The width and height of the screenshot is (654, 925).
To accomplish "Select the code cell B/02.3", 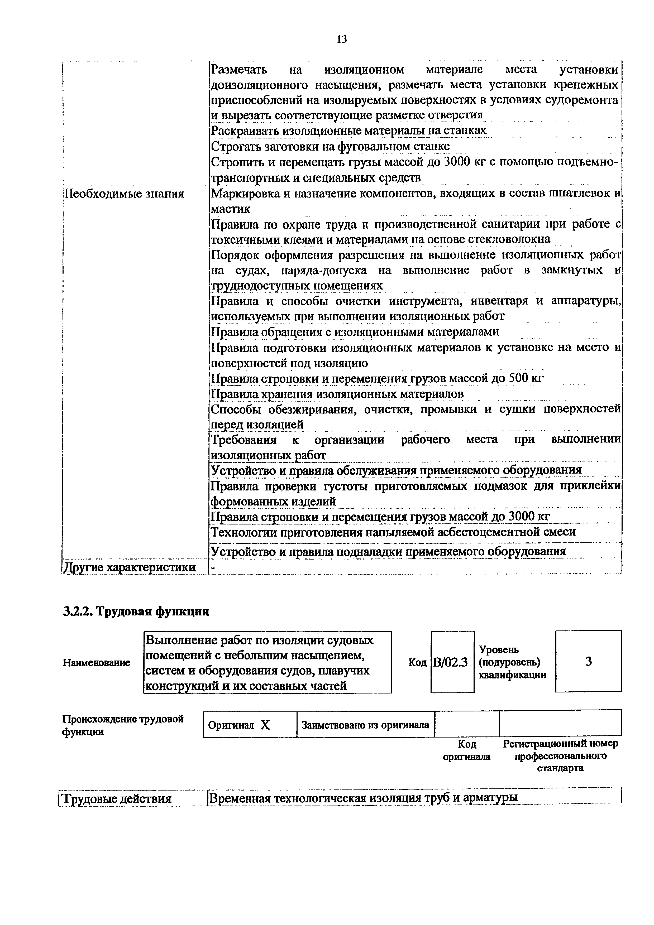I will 452,662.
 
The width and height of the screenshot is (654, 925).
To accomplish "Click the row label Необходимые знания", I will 125,194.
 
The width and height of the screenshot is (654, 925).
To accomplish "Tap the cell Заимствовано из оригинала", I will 365,725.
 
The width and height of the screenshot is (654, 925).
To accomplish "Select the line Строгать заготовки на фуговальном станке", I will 330,146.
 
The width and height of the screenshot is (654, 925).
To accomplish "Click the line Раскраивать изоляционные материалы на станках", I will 349,131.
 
